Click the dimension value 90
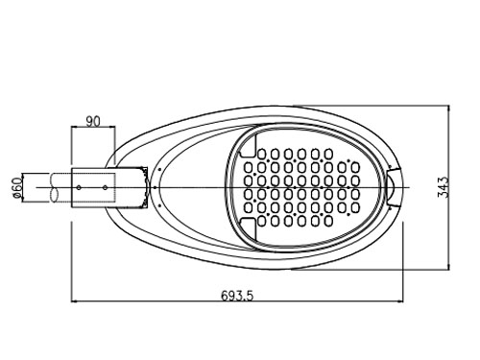click(x=93, y=121)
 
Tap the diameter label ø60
click(x=17, y=187)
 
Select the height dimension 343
click(x=444, y=187)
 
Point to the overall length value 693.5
click(x=237, y=296)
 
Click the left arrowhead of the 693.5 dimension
click(x=74, y=301)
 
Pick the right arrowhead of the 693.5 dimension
click(x=400, y=301)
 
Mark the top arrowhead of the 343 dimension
click(x=449, y=108)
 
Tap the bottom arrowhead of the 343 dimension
click(x=449, y=266)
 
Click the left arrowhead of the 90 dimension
click(x=74, y=127)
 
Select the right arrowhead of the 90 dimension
click(x=111, y=127)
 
